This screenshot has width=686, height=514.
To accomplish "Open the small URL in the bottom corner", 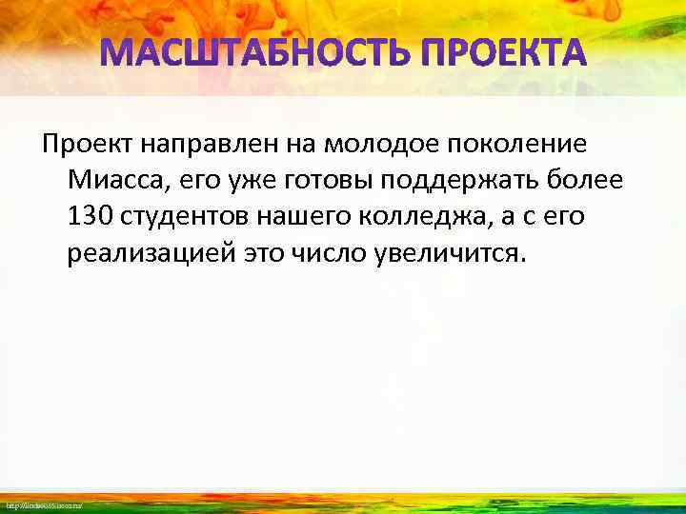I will click(43, 504).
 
